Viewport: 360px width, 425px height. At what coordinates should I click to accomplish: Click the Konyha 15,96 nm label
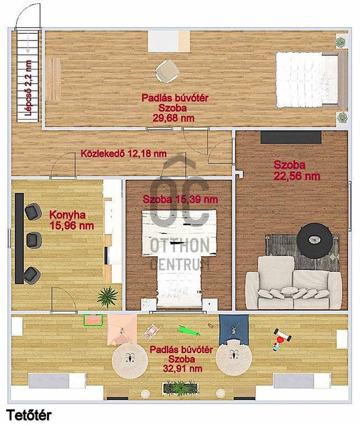[x=72, y=220]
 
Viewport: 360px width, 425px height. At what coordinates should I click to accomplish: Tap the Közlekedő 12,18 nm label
[x=124, y=154]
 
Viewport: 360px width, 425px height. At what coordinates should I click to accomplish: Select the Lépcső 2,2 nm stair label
[x=28, y=88]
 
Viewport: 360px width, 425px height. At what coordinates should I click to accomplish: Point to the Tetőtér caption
[x=29, y=415]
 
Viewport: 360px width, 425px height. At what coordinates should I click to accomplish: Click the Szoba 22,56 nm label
[x=297, y=170]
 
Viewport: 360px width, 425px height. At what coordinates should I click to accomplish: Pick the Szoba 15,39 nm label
[x=181, y=200]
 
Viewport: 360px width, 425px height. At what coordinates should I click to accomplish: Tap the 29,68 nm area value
[x=173, y=118]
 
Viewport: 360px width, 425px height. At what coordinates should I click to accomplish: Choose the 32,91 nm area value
[x=183, y=369]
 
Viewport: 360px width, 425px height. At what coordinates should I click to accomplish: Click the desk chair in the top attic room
[x=168, y=71]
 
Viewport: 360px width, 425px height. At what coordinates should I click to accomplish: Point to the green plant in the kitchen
[x=107, y=297]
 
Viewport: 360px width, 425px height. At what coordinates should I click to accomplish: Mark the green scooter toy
[x=189, y=331]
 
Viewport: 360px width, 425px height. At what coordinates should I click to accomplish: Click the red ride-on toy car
[x=281, y=340]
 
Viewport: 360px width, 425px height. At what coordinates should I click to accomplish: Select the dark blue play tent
[x=234, y=330]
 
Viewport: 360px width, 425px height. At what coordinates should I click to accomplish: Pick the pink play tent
[x=122, y=330]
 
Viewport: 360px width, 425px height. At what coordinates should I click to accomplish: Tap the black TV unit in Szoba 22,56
[x=291, y=137]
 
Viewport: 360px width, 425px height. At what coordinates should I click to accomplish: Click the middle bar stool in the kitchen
[x=34, y=240]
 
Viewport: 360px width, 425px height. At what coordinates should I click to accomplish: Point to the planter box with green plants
[x=181, y=387]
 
